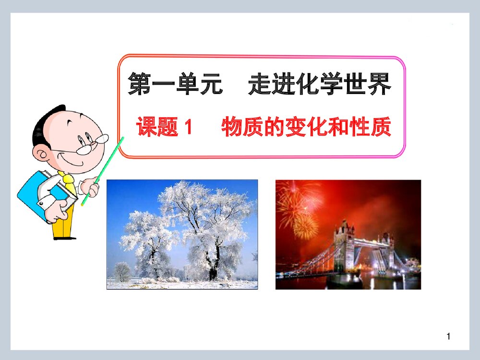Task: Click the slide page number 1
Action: point(448,336)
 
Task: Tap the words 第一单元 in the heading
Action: point(175,84)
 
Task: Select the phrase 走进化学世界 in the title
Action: point(320,84)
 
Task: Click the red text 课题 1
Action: point(165,127)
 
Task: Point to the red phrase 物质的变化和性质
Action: point(306,127)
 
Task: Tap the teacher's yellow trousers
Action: point(63,228)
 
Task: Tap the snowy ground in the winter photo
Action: point(182,285)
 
